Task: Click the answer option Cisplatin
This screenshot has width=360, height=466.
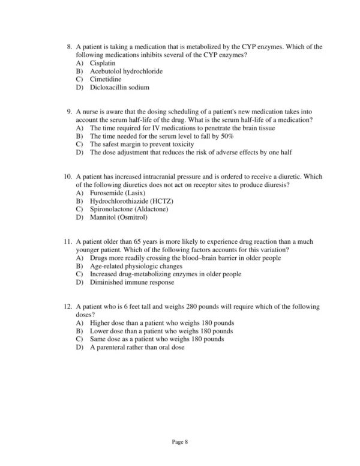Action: pos(103,63)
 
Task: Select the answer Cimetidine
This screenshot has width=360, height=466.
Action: pos(105,79)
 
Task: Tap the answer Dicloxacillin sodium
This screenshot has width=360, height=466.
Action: pos(119,88)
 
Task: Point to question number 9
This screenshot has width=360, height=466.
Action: pos(69,112)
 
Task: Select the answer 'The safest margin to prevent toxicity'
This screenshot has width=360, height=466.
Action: pos(142,144)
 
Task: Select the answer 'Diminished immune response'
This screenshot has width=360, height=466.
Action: pos(132,282)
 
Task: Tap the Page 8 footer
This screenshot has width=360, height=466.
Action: pos(180,443)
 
